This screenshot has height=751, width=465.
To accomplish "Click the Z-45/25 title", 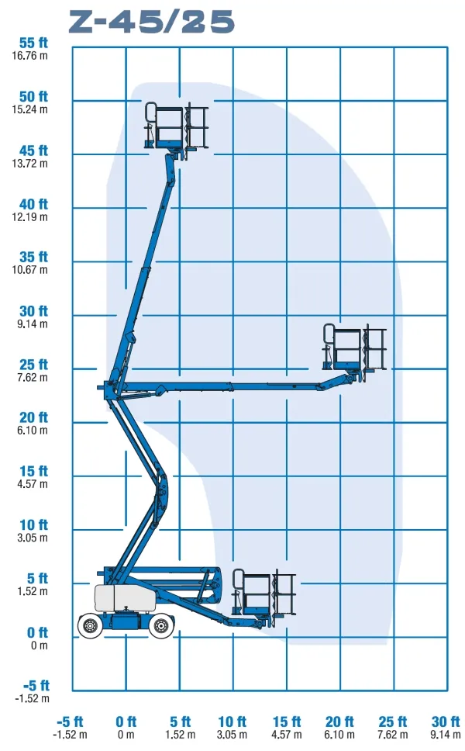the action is (x=152, y=22).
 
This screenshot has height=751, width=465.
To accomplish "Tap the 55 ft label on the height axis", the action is (x=33, y=43).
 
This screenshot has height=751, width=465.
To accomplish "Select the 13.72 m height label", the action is (x=29, y=164).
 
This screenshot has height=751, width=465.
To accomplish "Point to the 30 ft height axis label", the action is (x=33, y=311).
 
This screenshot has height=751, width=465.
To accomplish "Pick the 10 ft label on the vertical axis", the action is (x=33, y=525).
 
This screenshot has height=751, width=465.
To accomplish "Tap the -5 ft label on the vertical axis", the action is (x=36, y=686).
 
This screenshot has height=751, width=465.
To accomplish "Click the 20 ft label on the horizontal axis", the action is (x=339, y=722).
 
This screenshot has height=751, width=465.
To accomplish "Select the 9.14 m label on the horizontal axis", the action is (x=446, y=735).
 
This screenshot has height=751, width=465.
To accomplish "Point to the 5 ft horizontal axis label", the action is (x=181, y=722).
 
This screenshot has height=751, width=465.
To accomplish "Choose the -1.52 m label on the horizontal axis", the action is (x=70, y=735).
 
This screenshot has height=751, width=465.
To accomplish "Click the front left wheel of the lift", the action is (x=90, y=625).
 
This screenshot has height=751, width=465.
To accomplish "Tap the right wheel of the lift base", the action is (x=160, y=625).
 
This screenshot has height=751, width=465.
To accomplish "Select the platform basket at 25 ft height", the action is (x=354, y=348).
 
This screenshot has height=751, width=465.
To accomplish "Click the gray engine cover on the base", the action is (x=126, y=598).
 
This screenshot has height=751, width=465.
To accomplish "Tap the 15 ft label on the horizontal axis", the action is (x=287, y=722).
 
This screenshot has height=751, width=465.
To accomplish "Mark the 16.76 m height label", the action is (x=29, y=56).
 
